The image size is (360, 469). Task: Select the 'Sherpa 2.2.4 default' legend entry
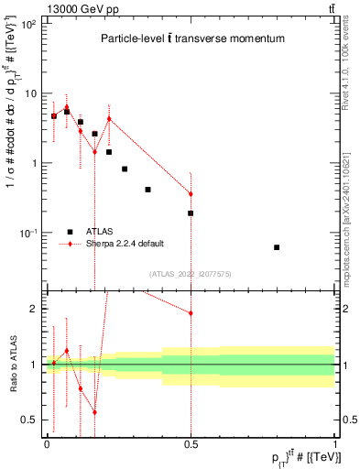[x=125, y=243]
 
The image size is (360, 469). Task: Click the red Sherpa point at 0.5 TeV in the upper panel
[x=191, y=194]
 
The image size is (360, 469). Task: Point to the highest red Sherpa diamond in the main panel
[x=67, y=107]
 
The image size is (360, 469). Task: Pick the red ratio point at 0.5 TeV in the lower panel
[x=191, y=313]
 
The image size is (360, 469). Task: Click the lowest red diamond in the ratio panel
[x=94, y=412]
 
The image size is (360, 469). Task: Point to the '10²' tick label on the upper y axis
[x=29, y=24]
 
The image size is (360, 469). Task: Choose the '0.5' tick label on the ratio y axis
[x=31, y=420]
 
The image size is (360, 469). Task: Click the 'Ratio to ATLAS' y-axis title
[x=11, y=365]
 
